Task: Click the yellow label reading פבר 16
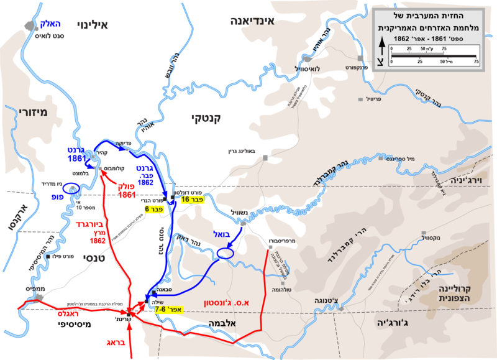193,199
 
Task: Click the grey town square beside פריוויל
360,99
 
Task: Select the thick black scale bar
433,57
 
